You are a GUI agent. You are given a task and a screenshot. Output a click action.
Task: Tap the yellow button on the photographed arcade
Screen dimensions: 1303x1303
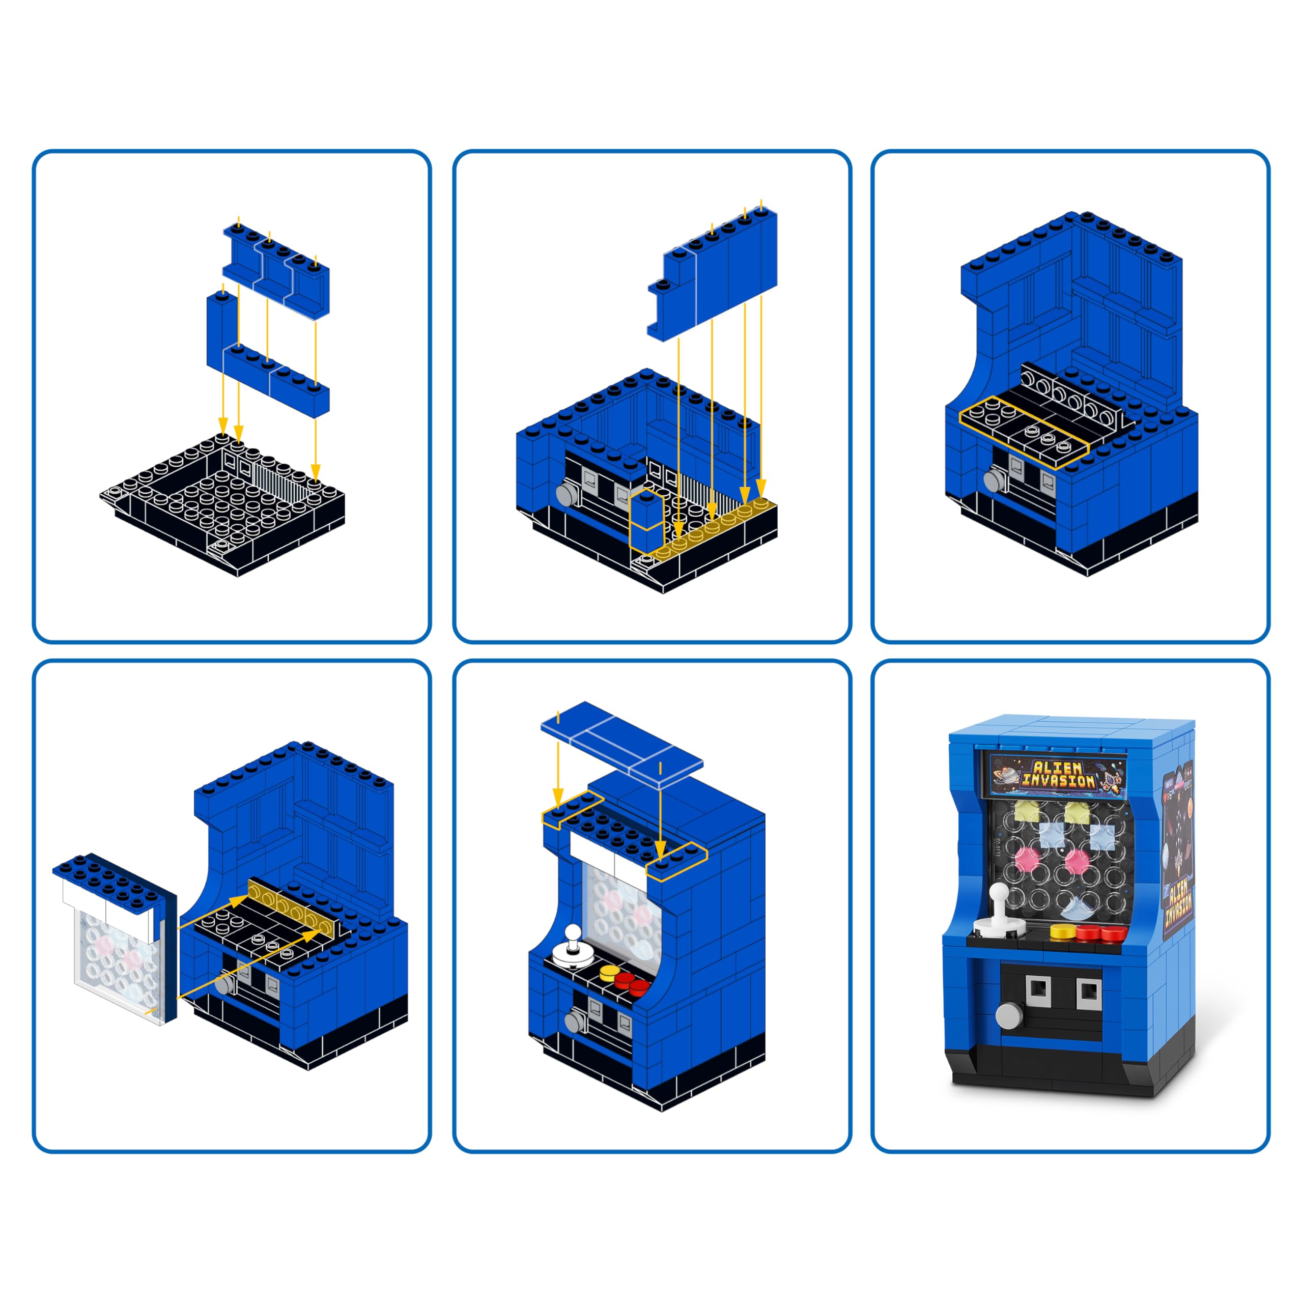1063,931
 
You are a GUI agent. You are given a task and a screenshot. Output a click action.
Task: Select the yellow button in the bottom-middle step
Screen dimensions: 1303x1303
610,972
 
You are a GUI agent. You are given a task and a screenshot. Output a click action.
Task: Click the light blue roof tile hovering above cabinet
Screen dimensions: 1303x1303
620,742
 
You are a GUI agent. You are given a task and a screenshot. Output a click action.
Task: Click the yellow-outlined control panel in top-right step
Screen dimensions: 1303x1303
1023,432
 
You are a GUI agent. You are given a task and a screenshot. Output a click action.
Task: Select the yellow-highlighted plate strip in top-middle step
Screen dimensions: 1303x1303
715,529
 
